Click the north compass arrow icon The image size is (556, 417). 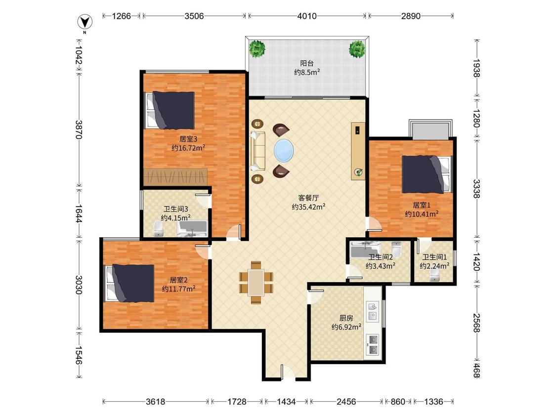click(85, 22)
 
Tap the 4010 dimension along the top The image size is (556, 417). click(307, 16)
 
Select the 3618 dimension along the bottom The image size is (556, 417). click(155, 402)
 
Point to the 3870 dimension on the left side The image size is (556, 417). click(79, 130)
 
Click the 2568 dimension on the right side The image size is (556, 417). click(477, 323)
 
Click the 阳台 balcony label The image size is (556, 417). click(307, 64)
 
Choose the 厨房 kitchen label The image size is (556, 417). click(346, 318)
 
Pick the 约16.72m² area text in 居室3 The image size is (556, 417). click(188, 148)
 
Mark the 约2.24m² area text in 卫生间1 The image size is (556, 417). click(434, 266)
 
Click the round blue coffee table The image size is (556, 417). click(284, 150)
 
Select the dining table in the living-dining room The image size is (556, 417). click(256, 283)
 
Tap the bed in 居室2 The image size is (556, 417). click(130, 283)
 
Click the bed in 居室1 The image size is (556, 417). click(428, 174)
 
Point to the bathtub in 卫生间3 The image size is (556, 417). click(193, 228)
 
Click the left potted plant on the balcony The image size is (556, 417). click(257, 48)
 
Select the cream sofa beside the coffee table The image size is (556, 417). click(257, 151)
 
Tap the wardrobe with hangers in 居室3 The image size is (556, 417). click(175, 176)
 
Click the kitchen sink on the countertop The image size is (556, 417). click(372, 311)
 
